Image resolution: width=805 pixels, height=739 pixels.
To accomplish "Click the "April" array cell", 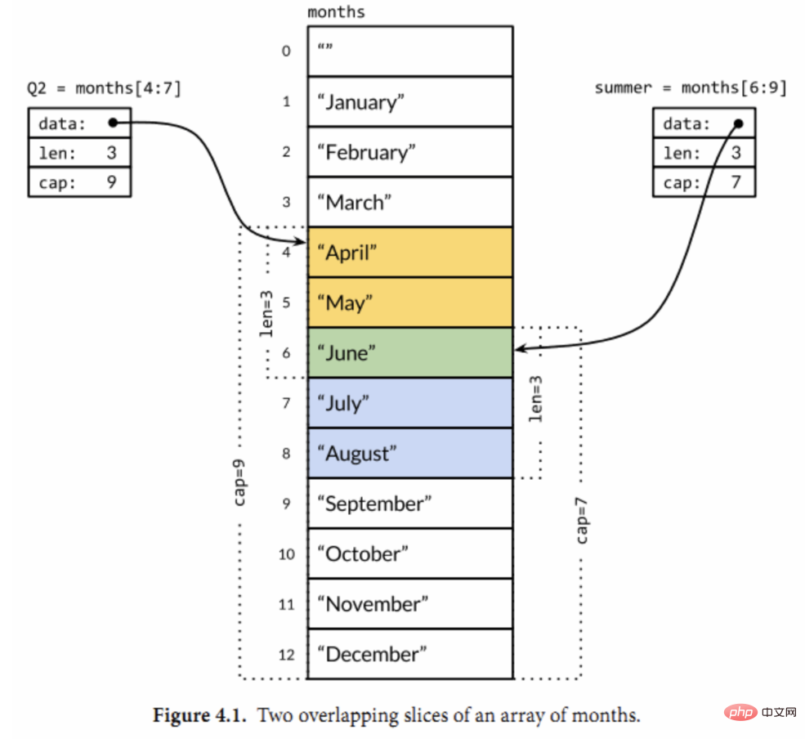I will tap(409, 253).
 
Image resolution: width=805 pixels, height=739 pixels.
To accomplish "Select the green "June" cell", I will tap(409, 352).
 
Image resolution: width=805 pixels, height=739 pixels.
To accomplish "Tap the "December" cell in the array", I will tap(409, 654).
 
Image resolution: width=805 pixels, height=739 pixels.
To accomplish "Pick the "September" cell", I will tap(409, 504).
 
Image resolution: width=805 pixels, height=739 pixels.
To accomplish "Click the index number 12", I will tap(285, 654).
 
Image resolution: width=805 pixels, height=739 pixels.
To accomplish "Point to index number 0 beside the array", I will tap(285, 52).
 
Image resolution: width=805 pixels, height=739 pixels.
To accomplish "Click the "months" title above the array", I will tap(336, 12).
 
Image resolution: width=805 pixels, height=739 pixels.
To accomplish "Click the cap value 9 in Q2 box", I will tap(111, 182).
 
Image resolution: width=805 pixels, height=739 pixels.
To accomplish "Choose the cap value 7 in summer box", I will tap(735, 182).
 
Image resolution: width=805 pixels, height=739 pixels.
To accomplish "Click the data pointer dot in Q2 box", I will tap(113, 123).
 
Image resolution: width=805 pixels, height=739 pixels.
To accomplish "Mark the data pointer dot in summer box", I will tap(739, 123).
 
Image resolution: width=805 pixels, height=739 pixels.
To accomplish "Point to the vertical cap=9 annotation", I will tap(240, 482).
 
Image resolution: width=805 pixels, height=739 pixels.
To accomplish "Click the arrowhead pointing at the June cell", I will tap(520, 350).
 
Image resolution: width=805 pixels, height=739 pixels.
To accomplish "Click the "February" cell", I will tap(409, 152).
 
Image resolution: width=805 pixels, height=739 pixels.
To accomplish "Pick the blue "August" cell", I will tap(409, 453).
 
